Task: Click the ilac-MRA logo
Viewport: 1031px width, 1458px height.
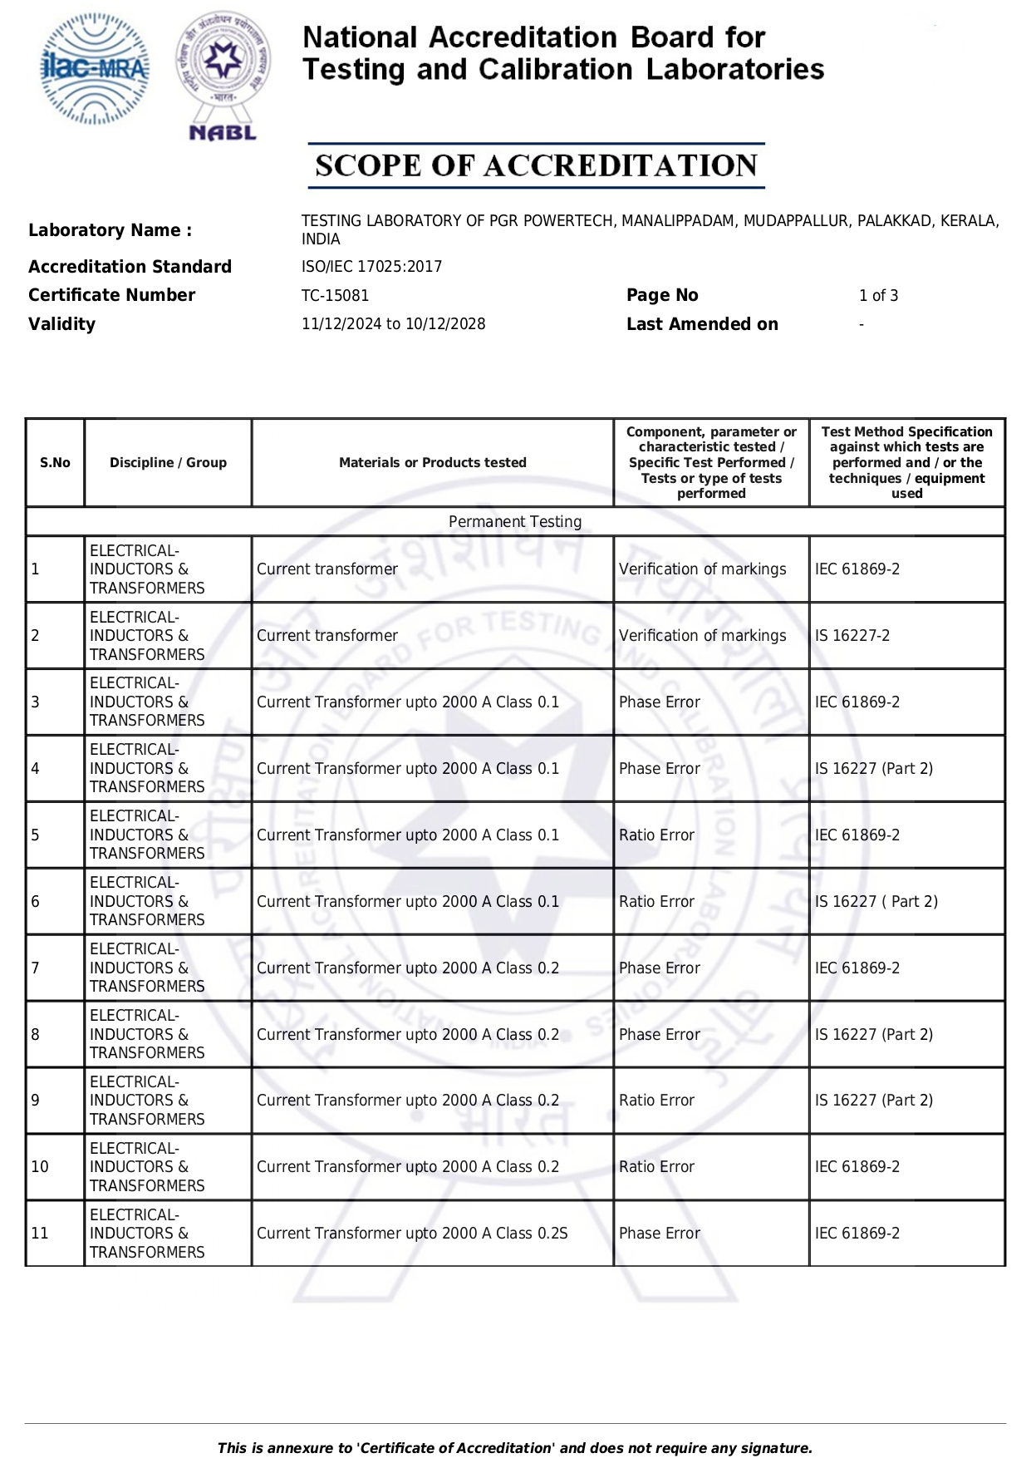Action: click(x=95, y=69)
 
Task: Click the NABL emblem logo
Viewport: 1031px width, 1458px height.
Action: click(x=223, y=75)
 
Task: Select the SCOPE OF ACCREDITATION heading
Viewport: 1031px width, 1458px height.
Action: click(x=536, y=165)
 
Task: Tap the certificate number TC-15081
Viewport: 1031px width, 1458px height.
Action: click(x=335, y=296)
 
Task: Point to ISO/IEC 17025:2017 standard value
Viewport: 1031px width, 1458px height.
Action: click(x=371, y=267)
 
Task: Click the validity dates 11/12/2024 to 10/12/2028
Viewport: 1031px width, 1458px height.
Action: click(x=393, y=324)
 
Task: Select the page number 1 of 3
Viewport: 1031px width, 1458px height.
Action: click(x=878, y=296)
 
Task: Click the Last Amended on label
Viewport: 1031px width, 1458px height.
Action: click(x=702, y=324)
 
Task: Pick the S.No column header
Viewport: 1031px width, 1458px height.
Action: click(x=55, y=463)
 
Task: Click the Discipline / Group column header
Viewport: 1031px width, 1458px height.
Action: click(x=168, y=463)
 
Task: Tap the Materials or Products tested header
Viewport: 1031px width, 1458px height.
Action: click(x=432, y=463)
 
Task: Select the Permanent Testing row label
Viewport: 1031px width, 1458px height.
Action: click(x=515, y=522)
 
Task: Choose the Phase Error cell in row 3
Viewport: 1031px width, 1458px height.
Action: click(x=660, y=702)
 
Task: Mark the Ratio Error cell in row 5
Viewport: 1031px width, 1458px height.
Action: click(x=656, y=835)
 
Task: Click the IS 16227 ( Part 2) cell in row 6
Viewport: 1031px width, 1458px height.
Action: click(x=876, y=902)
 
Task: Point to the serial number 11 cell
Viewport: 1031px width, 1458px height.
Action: click(x=40, y=1234)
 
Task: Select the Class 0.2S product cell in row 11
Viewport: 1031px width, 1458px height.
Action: click(x=412, y=1234)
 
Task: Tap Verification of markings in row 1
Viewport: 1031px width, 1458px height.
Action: click(x=702, y=569)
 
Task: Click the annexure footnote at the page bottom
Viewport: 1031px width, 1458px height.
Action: click(x=515, y=1448)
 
